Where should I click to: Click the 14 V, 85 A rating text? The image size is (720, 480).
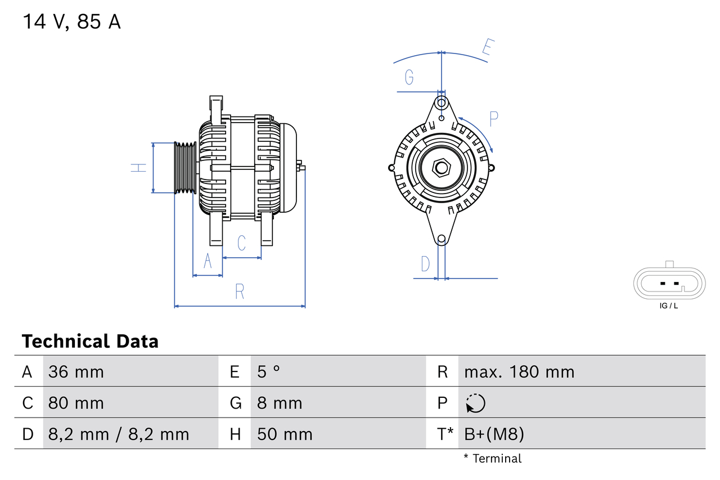click(x=71, y=22)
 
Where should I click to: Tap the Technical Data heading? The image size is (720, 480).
click(x=90, y=342)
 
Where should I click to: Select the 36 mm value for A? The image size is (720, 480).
click(x=76, y=372)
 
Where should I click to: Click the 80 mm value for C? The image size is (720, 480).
click(x=76, y=403)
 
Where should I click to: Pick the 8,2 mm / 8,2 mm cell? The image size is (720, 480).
click(x=119, y=434)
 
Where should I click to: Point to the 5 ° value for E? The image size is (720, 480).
click(x=268, y=372)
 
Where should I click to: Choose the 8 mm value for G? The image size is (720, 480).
click(x=280, y=403)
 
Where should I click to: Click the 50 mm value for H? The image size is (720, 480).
click(x=285, y=434)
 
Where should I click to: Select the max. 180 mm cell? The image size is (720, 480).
click(x=519, y=372)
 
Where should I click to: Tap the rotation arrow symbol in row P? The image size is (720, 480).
click(x=475, y=403)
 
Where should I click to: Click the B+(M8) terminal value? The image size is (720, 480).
click(x=494, y=434)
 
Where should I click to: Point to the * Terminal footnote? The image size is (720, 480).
click(x=492, y=459)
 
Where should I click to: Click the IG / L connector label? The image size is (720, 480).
click(x=668, y=306)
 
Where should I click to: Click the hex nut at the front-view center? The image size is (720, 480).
click(x=442, y=168)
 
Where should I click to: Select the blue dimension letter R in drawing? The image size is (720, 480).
click(x=240, y=291)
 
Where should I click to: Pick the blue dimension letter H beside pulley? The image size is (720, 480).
click(x=138, y=168)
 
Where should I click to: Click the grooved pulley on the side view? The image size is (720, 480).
click(x=184, y=168)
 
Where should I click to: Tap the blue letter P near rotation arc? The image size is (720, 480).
click(x=494, y=119)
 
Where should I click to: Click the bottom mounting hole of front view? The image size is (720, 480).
click(x=442, y=239)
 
